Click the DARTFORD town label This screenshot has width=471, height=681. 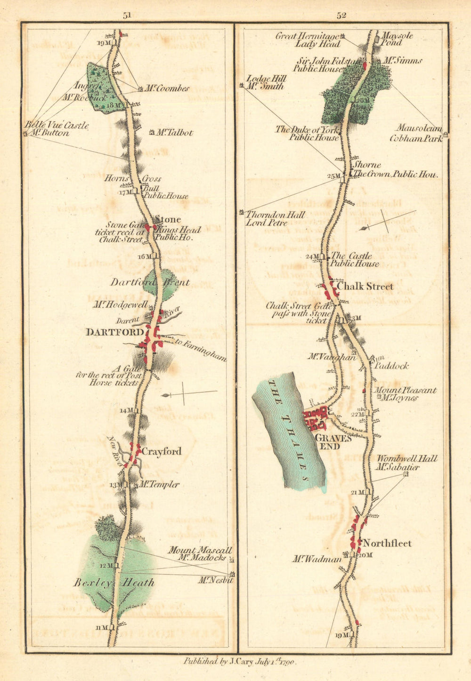pos(114,332)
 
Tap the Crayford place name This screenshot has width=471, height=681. pos(162,451)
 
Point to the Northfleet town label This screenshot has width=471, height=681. pos(387,544)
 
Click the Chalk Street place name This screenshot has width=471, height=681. pos(365,286)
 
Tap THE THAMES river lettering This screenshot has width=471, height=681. pos(290,430)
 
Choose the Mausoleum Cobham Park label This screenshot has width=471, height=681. pos(416,133)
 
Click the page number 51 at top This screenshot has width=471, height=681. pos(127,15)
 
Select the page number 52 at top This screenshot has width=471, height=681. pos(341,15)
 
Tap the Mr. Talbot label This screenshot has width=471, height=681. pos(174,133)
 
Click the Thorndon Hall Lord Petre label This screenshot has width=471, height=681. pos(275,218)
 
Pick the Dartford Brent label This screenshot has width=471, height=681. pos(150,282)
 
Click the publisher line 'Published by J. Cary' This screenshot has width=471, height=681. pos(240,661)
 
